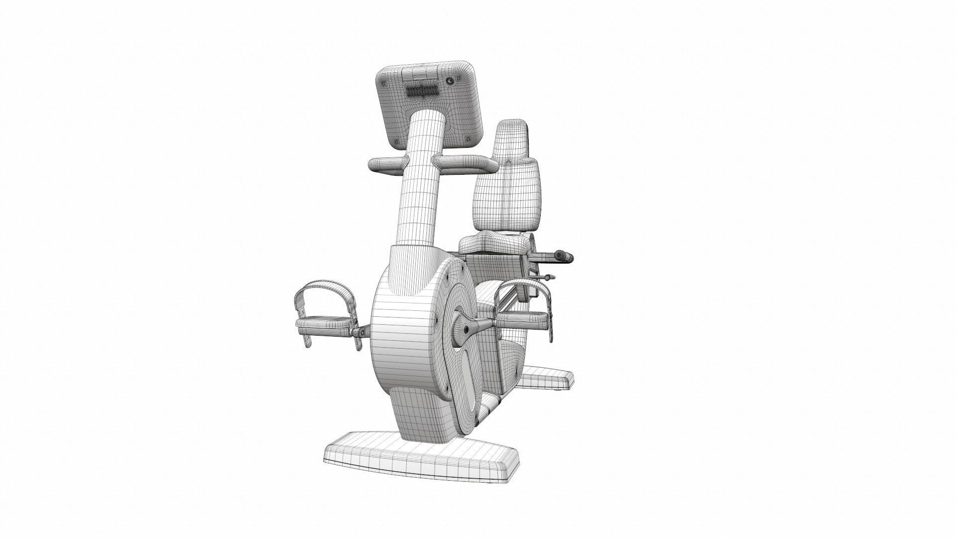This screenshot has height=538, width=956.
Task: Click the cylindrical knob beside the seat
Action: (564, 257)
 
